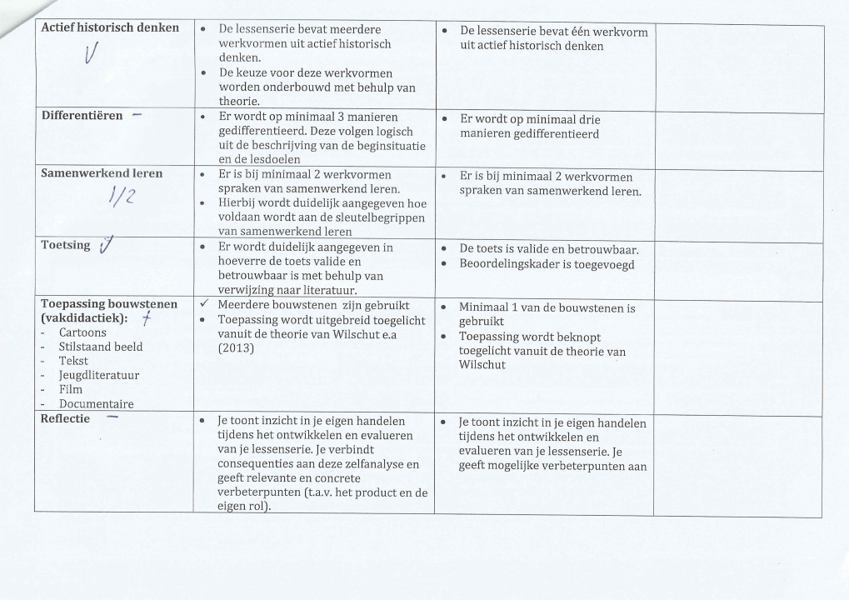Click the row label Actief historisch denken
(110, 28)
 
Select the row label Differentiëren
(82, 115)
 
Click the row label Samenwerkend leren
(102, 173)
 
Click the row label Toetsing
(66, 245)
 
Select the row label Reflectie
(65, 418)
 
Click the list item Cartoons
(82, 332)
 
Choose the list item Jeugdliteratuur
(98, 375)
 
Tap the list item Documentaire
(96, 403)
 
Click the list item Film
(71, 389)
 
